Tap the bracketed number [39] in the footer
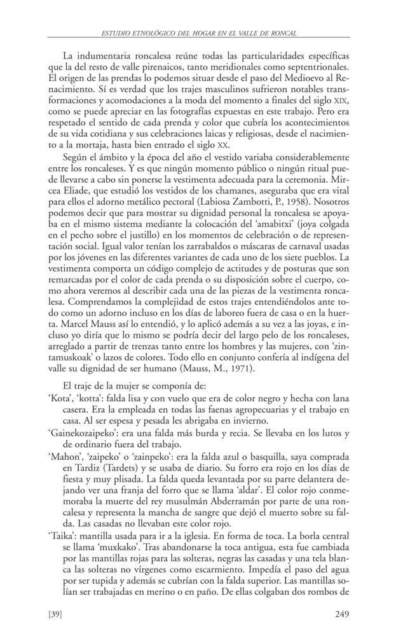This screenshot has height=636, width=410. [57, 614]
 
